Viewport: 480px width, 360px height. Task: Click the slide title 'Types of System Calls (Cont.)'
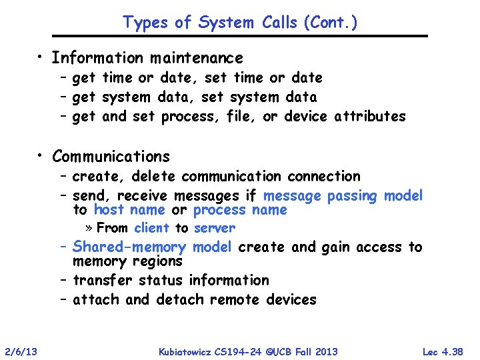(240, 22)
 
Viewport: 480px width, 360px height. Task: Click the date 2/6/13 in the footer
(20, 351)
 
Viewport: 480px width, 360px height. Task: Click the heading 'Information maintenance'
(147, 58)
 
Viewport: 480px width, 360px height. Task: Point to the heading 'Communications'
(111, 157)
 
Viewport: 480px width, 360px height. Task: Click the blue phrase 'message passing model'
(343, 196)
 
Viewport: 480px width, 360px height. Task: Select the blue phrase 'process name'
(240, 210)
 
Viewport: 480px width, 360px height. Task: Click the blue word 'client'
(151, 228)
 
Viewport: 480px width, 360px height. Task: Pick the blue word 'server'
(215, 228)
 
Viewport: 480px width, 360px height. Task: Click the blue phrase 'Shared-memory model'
(153, 247)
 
